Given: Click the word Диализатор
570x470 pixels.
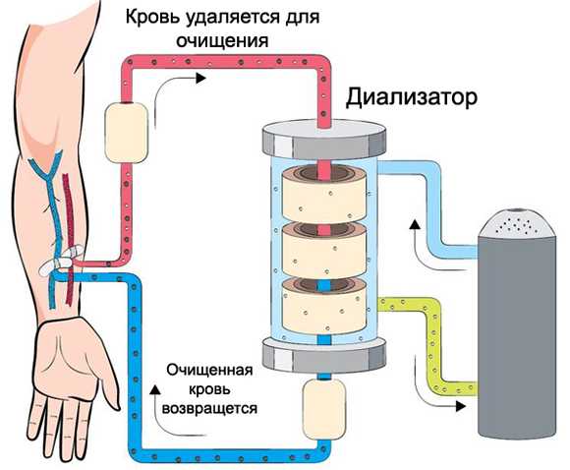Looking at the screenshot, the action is tap(411, 97).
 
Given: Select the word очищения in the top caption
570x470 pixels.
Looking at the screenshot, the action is tap(222, 40).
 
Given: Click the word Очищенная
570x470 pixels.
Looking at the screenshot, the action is tap(209, 371).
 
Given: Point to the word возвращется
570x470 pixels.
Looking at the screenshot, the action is tap(209, 408).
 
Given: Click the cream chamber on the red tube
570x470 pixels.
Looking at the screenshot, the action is tap(126, 133).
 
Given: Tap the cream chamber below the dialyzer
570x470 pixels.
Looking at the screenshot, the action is tap(324, 409).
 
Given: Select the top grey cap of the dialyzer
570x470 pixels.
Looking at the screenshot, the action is tap(324, 140).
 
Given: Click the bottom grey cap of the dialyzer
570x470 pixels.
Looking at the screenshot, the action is tap(324, 355).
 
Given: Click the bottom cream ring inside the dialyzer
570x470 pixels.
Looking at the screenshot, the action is tap(324, 307).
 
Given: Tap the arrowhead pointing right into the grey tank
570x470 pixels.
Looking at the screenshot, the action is tap(461, 406).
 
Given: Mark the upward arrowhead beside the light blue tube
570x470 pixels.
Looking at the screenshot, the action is tap(415, 224).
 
